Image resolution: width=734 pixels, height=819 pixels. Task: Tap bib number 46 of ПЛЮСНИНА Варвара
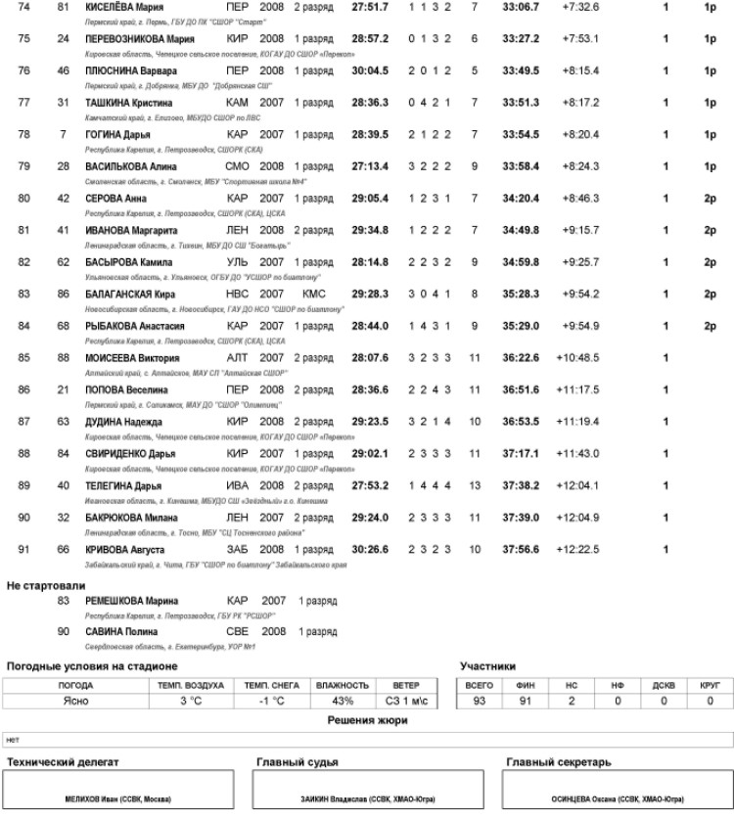click(x=64, y=71)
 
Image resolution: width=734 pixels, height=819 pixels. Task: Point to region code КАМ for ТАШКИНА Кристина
click(x=237, y=103)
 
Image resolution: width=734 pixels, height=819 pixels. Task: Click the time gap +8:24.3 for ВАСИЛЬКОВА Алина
click(x=581, y=166)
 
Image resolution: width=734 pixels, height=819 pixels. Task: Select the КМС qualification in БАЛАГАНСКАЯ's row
click(x=313, y=293)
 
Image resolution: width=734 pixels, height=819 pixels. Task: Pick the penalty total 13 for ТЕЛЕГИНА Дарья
click(x=475, y=485)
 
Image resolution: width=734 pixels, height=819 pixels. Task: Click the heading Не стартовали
click(x=46, y=585)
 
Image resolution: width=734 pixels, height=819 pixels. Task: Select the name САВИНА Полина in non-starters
click(x=121, y=632)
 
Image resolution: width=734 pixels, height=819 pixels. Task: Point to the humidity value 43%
click(x=343, y=702)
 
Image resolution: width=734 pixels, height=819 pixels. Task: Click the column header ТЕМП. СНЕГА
click(x=271, y=685)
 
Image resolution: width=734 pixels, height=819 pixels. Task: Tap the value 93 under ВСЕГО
click(x=480, y=702)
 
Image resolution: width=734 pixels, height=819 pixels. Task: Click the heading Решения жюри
click(x=367, y=720)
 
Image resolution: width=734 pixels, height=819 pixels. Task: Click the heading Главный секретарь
click(x=558, y=760)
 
